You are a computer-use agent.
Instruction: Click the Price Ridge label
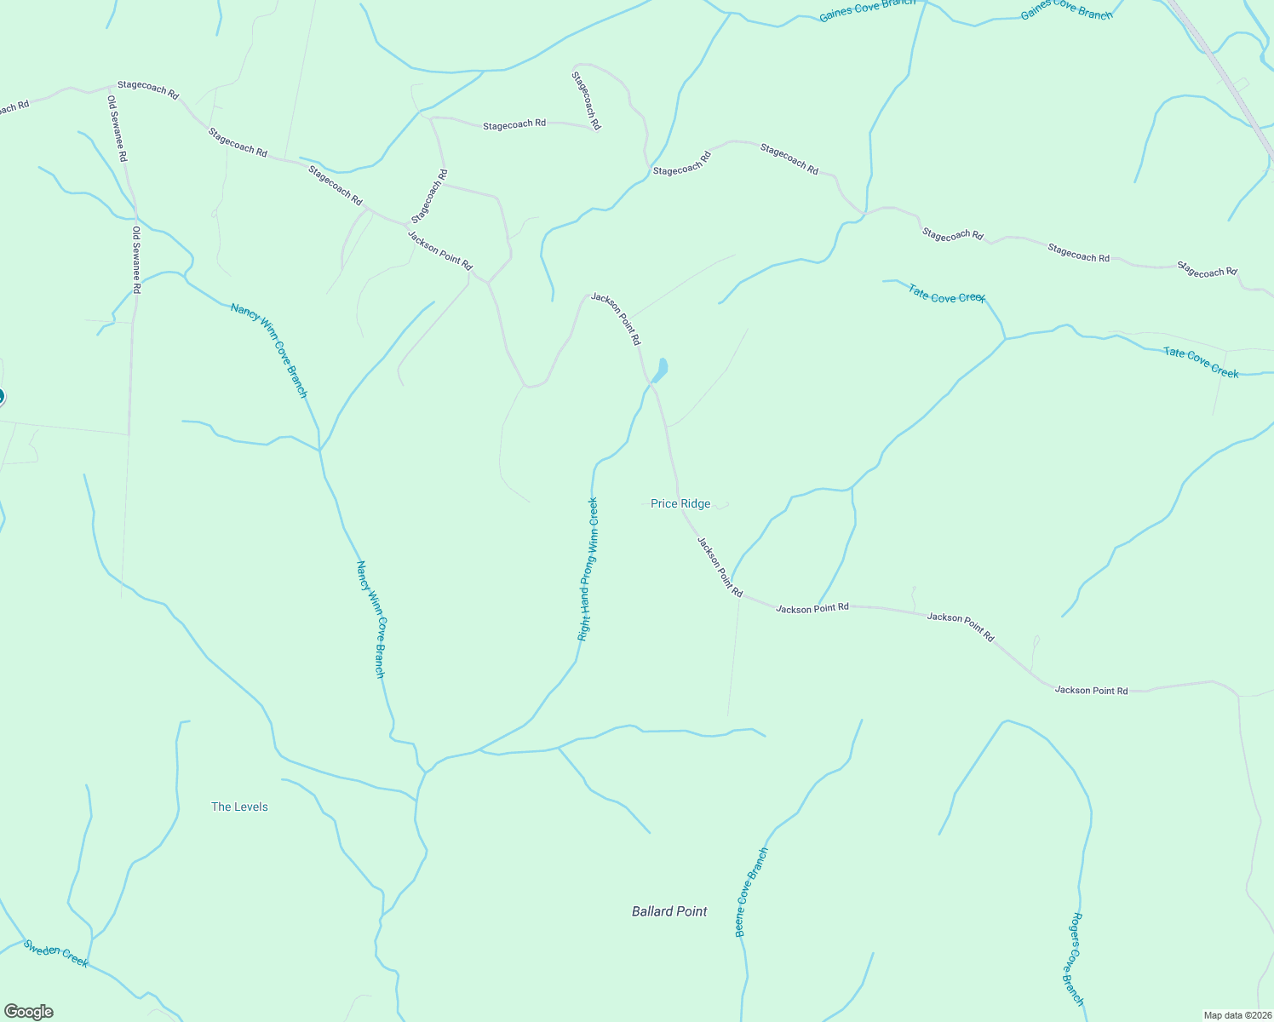680,504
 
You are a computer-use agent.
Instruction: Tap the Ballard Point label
669,911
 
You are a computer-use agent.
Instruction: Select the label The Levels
239,807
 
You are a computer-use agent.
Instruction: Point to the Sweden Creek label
56,953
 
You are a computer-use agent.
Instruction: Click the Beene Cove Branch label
751,893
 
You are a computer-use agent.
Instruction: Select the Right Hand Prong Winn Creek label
588,569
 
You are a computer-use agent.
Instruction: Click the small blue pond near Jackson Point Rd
660,370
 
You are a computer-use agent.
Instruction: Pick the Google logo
29,1012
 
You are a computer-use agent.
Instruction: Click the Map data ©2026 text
1236,1015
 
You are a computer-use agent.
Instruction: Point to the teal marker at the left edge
1,396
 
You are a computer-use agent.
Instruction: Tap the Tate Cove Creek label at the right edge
1201,362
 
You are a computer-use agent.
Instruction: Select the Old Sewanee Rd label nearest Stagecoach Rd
118,129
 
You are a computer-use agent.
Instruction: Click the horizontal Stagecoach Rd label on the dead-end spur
514,125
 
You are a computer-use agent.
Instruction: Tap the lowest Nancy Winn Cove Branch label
370,619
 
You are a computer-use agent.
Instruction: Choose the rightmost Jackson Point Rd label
1091,690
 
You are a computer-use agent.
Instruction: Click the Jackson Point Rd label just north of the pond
616,319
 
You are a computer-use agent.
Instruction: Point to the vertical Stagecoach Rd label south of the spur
429,197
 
